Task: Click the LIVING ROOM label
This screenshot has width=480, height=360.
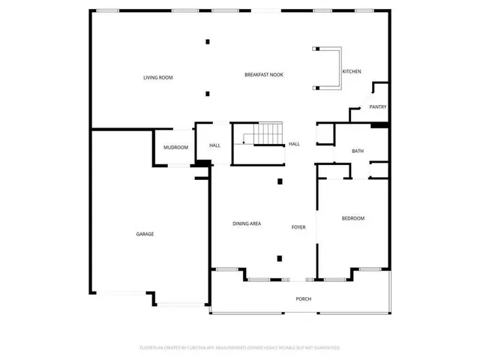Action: [x=158, y=77]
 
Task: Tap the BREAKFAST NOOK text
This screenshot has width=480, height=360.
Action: [x=263, y=74]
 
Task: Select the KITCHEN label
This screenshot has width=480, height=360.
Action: [x=352, y=71]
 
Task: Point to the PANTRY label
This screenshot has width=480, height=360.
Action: [x=377, y=107]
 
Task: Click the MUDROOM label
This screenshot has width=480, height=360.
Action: [x=175, y=147]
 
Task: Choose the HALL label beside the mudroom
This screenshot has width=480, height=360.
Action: [x=214, y=145]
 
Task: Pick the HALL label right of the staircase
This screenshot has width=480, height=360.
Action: [x=295, y=144]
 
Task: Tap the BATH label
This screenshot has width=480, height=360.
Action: [x=358, y=151]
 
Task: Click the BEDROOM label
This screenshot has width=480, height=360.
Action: [x=352, y=218]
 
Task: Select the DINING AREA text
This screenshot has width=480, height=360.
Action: [x=247, y=224]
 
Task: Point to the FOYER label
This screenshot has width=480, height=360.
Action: [x=298, y=226]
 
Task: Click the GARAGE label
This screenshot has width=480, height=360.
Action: [x=145, y=234]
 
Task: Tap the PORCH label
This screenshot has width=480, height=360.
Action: [x=303, y=299]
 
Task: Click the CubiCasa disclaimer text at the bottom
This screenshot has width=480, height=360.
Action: [x=240, y=348]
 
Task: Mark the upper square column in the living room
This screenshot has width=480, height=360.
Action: [x=208, y=41]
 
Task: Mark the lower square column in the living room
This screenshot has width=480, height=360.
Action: [x=208, y=94]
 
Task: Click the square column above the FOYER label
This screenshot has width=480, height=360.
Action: [x=280, y=181]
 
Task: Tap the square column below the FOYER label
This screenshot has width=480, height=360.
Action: [x=280, y=259]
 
